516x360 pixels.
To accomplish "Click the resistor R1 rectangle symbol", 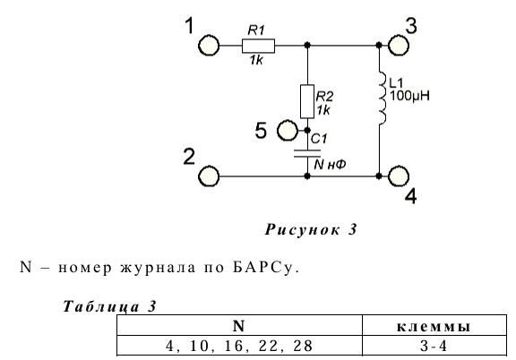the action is tap(258, 46).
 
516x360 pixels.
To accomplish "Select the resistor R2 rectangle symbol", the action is tap(307, 101).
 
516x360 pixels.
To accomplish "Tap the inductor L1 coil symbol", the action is tap(382, 98).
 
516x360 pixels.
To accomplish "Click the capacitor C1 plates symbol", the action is tap(307, 153).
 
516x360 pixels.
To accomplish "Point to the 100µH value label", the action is tap(409, 96).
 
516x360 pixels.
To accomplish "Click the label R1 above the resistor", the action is tap(256, 30).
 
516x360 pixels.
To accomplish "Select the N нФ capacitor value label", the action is tap(330, 164).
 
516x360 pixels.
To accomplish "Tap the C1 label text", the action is tap(319, 139).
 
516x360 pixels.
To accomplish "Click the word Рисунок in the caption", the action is tap(303, 229).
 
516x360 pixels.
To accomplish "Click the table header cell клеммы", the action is tap(434, 326).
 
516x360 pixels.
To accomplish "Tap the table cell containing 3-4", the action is tap(434, 346).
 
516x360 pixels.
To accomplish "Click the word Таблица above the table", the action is tap(101, 306).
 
